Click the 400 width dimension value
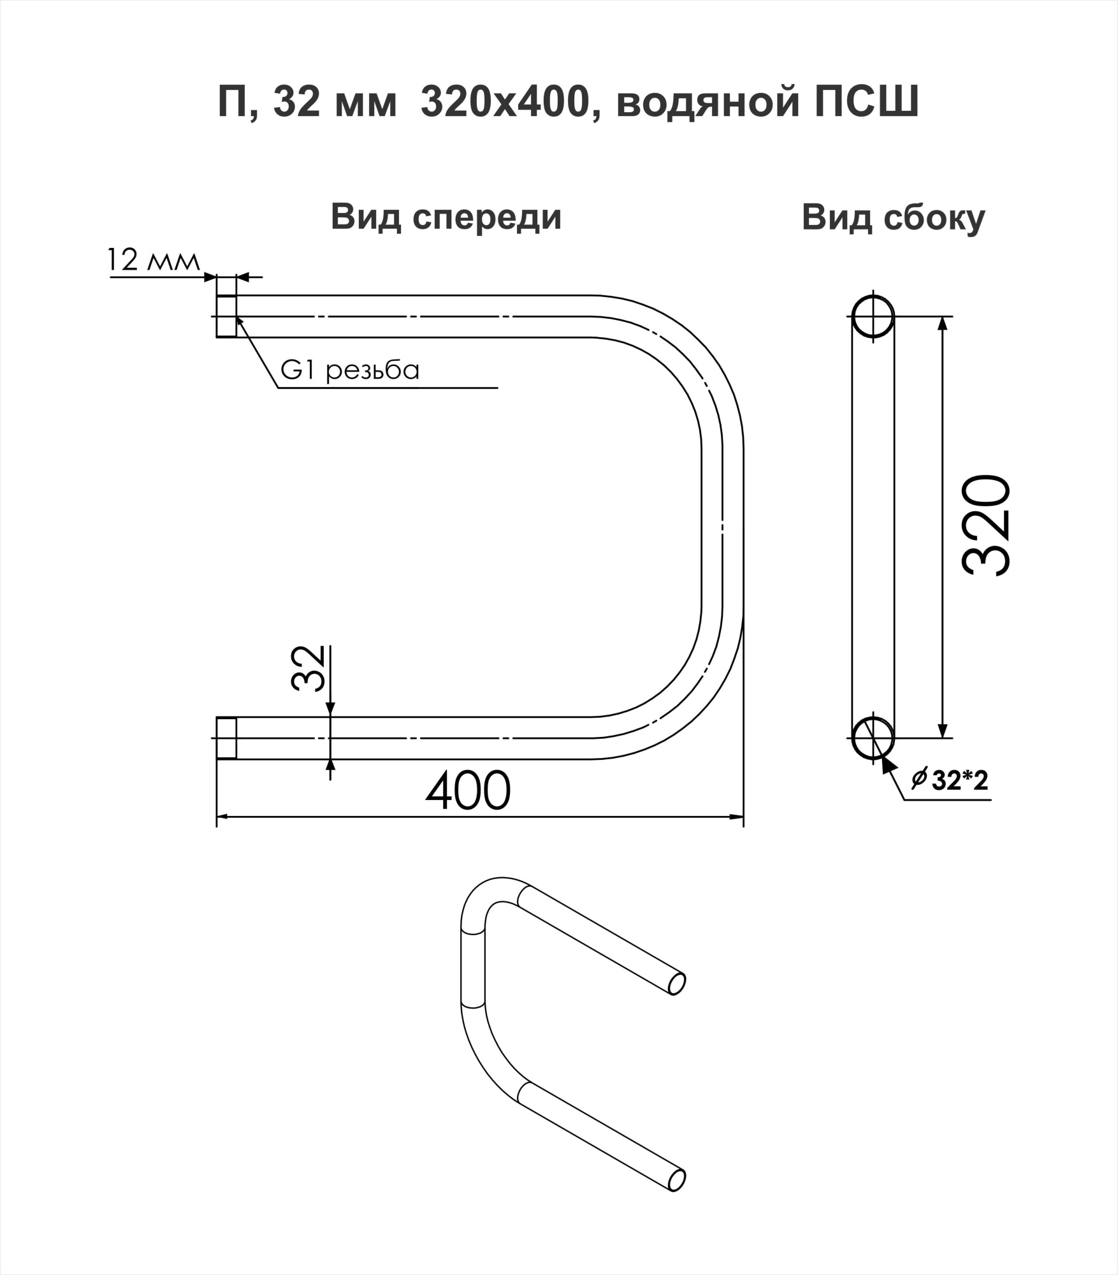click(x=468, y=791)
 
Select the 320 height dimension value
click(x=986, y=525)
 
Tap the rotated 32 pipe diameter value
click(x=309, y=669)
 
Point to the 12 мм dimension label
click(x=153, y=260)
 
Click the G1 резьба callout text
click(x=350, y=370)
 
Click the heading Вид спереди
click(x=446, y=217)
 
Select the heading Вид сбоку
click(x=893, y=217)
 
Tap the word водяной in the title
click(x=708, y=102)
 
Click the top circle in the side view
click(x=873, y=316)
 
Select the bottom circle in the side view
click(x=873, y=738)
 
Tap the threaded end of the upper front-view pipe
click(x=226, y=316)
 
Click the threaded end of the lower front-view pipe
click(x=226, y=738)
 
